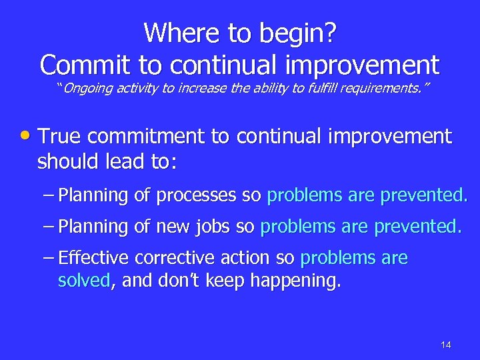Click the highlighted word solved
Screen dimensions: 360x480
[x=84, y=281]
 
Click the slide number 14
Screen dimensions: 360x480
[x=446, y=345]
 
